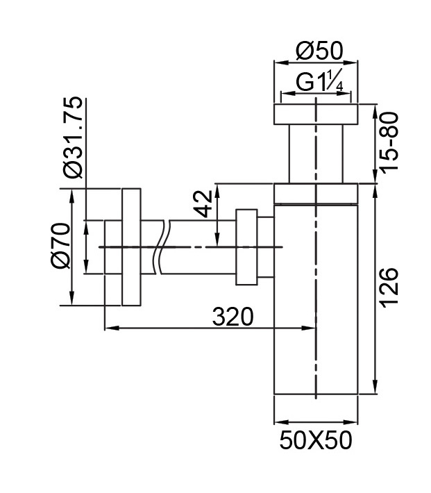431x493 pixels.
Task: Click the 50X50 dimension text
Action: coord(316,440)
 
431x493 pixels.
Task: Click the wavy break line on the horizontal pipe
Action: coord(163,246)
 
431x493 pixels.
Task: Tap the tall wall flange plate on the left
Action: coord(131,246)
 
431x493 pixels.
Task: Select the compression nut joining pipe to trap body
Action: coord(246,246)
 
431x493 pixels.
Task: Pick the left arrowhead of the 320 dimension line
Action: coord(108,327)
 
